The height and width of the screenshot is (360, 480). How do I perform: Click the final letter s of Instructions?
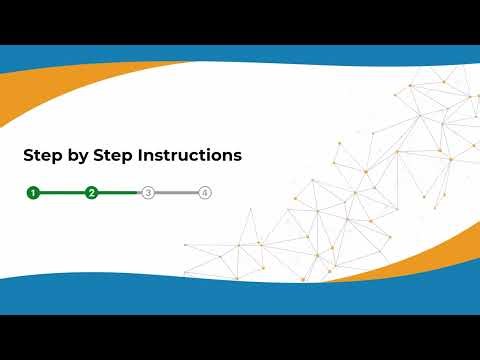coord(237,157)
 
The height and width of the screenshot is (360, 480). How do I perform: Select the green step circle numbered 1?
coord(33,192)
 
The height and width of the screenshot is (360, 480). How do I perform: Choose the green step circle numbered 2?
coord(91,192)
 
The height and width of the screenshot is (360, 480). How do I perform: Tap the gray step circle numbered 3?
coord(148,192)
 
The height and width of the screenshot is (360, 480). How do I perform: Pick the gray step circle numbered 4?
coord(205,192)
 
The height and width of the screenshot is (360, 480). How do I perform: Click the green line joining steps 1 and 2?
coord(62,192)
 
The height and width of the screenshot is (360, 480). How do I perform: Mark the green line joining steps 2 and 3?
coord(119,192)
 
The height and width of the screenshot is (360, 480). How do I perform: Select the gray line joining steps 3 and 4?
coord(176,192)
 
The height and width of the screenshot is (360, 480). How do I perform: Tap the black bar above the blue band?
coord(240,20)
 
